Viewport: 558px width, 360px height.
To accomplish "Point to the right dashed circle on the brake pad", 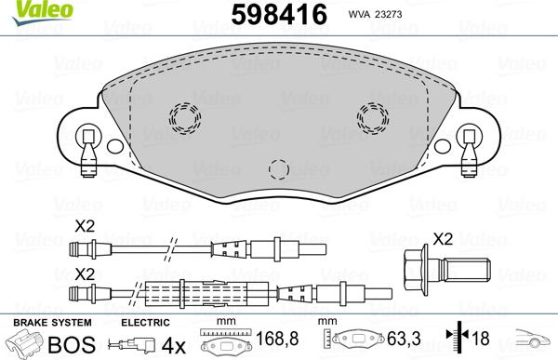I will [373, 117].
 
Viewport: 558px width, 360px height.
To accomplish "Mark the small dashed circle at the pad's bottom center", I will [277, 168].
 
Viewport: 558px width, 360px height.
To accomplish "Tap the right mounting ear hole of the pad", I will [469, 133].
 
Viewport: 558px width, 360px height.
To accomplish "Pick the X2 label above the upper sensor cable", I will [84, 226].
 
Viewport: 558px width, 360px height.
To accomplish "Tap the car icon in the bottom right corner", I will [537, 342].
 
